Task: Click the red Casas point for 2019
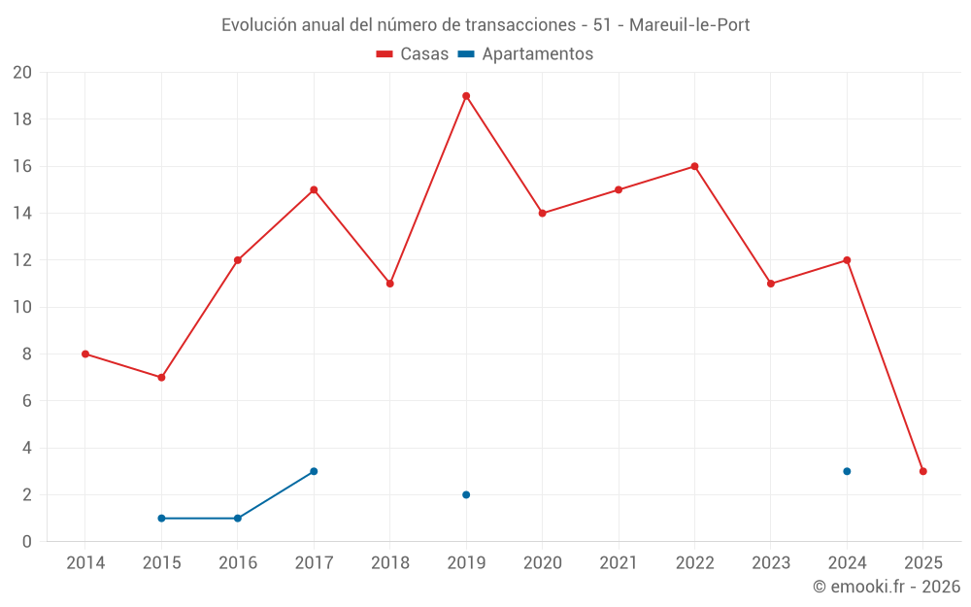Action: (466, 96)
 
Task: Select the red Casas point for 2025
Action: (923, 471)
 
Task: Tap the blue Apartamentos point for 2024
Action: (847, 471)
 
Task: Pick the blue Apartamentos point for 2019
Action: (466, 494)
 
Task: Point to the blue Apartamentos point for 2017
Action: (314, 471)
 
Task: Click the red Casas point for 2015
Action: (161, 377)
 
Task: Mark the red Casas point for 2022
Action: (694, 166)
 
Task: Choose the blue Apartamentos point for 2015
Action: (161, 518)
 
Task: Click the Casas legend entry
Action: (413, 54)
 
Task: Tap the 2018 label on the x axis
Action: (389, 562)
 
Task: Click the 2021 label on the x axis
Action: (619, 562)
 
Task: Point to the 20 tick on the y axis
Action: (22, 73)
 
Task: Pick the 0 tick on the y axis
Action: (27, 541)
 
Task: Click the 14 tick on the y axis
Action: (22, 213)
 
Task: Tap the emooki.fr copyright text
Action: (887, 587)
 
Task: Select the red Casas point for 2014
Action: (85, 354)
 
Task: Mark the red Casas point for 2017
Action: (314, 189)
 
